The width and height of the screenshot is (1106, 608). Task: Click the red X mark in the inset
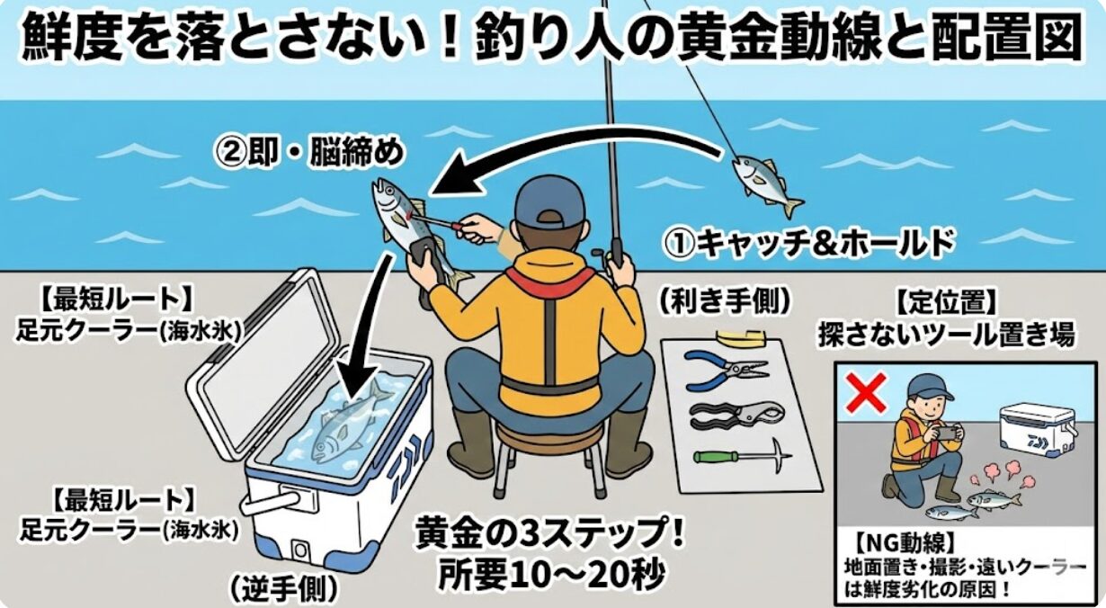[867, 392]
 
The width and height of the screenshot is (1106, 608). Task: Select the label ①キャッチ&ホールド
[807, 241]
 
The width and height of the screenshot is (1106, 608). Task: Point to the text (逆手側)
[284, 588]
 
